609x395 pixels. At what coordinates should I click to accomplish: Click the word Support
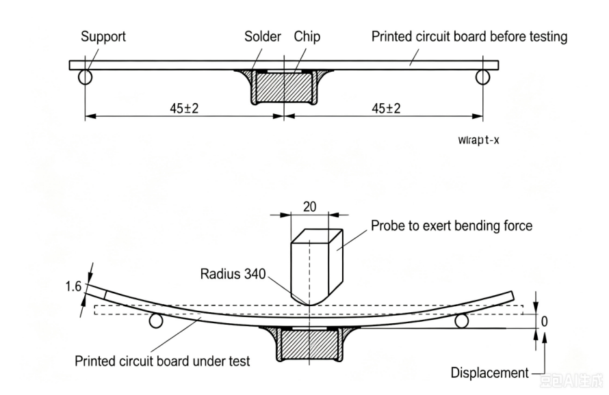103,37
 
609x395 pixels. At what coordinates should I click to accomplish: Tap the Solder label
263,36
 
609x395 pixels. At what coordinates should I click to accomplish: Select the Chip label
307,37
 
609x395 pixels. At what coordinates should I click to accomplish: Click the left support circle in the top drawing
85,77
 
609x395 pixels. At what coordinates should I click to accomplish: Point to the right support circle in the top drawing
483,77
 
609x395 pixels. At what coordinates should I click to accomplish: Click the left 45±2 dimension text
184,108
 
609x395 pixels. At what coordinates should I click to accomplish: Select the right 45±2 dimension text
386,108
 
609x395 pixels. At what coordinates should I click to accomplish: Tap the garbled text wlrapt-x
478,139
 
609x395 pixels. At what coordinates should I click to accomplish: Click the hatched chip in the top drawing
284,87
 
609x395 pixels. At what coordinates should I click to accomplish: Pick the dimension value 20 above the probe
309,207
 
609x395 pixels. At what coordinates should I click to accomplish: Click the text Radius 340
233,274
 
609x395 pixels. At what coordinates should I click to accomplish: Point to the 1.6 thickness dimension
73,286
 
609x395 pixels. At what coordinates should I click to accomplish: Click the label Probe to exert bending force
452,226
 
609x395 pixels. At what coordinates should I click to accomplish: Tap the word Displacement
490,373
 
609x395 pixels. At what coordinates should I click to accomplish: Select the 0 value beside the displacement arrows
544,321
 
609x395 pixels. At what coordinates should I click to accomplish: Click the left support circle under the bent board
156,321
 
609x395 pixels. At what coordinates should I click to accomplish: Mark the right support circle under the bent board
461,321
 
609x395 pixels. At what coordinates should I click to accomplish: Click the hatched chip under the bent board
309,344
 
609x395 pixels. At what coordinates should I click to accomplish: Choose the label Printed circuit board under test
162,362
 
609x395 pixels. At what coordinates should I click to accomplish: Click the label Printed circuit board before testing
469,37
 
